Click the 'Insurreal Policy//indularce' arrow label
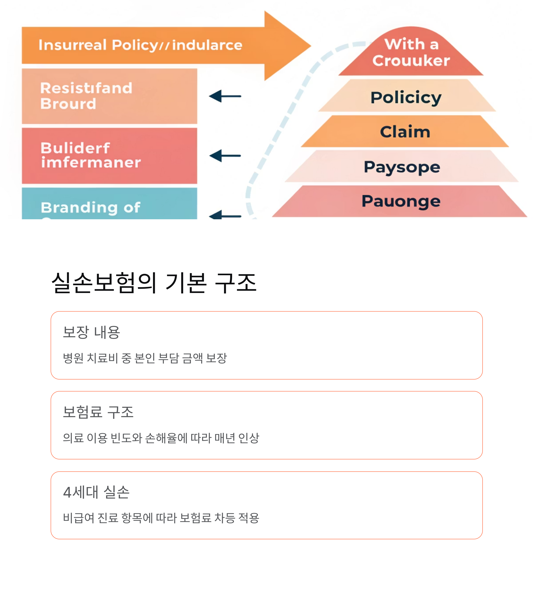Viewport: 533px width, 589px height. click(x=140, y=45)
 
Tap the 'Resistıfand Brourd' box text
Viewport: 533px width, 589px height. click(x=86, y=96)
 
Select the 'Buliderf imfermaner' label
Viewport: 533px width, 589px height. click(x=91, y=155)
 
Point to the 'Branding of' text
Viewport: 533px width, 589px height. click(x=91, y=208)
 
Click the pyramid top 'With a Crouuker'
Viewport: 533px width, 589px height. click(x=411, y=53)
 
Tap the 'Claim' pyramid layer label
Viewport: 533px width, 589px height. click(x=405, y=132)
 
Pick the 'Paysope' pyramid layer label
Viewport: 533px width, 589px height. click(x=402, y=167)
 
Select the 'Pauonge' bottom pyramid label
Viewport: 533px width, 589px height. click(x=401, y=201)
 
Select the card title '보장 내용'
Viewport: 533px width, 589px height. click(x=91, y=332)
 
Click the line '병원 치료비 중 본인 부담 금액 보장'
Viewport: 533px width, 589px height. click(x=145, y=358)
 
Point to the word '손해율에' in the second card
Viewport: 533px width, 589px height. click(x=166, y=438)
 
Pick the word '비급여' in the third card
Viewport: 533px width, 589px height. click(x=78, y=518)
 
